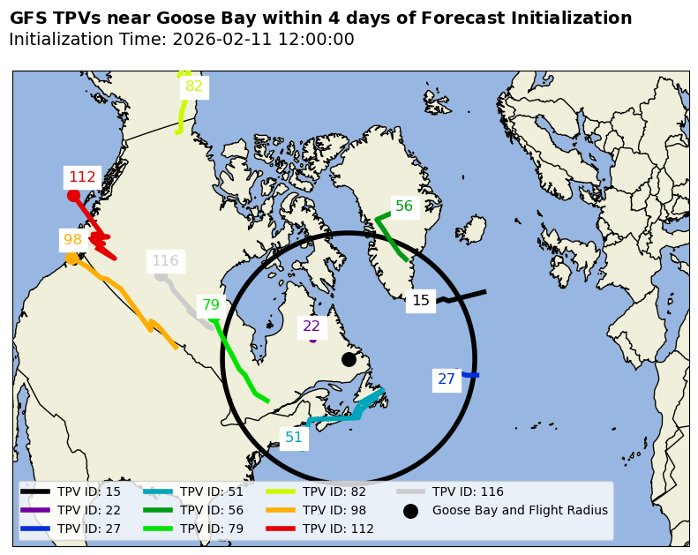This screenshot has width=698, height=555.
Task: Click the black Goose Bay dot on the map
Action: [x=349, y=359]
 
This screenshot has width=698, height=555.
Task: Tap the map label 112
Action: [x=82, y=177]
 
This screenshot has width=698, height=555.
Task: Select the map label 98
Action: [x=72, y=240]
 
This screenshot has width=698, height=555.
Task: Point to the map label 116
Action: [x=165, y=261]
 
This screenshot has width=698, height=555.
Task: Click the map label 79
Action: [x=211, y=306]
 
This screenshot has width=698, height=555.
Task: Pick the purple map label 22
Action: [x=311, y=326]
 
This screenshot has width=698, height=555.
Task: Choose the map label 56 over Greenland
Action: [x=404, y=206]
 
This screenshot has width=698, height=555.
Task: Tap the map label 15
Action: [x=421, y=301]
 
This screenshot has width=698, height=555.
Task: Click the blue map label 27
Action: [x=447, y=379]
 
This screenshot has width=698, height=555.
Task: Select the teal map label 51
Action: [x=294, y=438]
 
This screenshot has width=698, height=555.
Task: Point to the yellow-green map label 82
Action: [x=194, y=86]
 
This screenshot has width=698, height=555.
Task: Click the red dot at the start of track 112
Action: [x=73, y=196]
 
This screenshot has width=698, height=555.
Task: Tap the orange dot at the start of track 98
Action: [x=71, y=258]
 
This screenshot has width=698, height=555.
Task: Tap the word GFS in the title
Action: [x=29, y=19]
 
